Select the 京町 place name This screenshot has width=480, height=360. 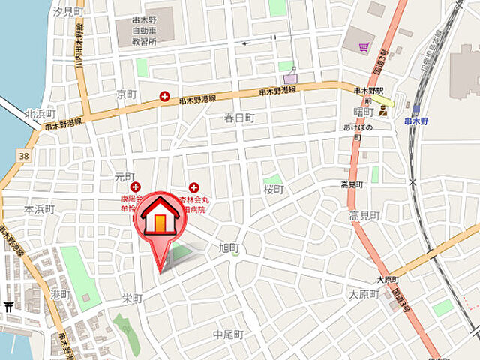click(x=126, y=95)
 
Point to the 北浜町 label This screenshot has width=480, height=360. click(x=40, y=114)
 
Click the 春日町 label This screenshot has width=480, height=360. click(x=239, y=118)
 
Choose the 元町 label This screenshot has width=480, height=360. click(x=124, y=177)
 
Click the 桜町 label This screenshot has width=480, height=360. click(x=273, y=190)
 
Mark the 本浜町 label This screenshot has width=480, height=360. click(x=39, y=209)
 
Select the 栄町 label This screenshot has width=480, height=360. click(x=132, y=298)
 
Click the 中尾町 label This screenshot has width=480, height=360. click(x=228, y=334)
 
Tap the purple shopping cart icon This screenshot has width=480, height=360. click(x=364, y=46)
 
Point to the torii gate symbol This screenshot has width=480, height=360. click(x=8, y=306)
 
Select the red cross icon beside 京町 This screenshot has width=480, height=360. click(x=165, y=95)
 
